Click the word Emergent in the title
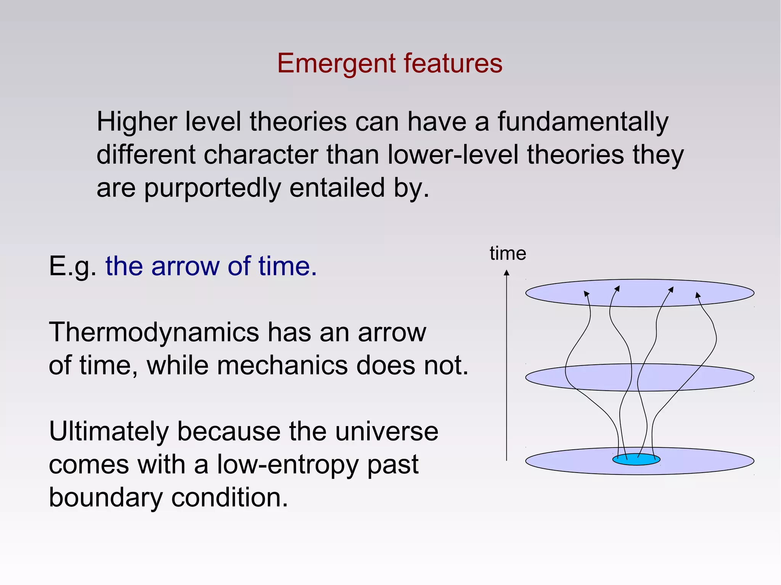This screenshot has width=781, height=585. pos(336,64)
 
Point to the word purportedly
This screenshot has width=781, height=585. pos(212,189)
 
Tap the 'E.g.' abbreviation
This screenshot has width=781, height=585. pos(72,266)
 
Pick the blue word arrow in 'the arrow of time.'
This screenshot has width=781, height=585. pos(185,266)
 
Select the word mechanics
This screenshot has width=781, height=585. pos(282,365)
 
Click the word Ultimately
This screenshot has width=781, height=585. pos(109,432)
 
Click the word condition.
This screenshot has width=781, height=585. pos(229,498)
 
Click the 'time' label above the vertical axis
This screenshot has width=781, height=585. pos(508,254)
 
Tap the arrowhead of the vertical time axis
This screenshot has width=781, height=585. pos(506,273)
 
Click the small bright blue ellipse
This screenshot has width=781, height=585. pos(636,459)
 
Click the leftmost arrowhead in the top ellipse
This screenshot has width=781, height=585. pos(587,293)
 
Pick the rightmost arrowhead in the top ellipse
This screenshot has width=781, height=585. pos(697,295)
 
